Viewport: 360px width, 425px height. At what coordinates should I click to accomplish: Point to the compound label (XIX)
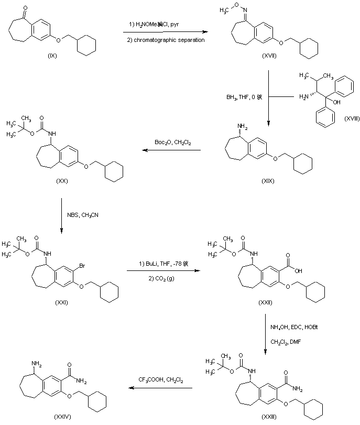(268, 180)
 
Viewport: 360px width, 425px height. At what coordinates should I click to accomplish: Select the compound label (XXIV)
(62, 416)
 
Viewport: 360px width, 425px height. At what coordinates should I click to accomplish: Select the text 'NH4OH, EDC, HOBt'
(294, 328)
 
